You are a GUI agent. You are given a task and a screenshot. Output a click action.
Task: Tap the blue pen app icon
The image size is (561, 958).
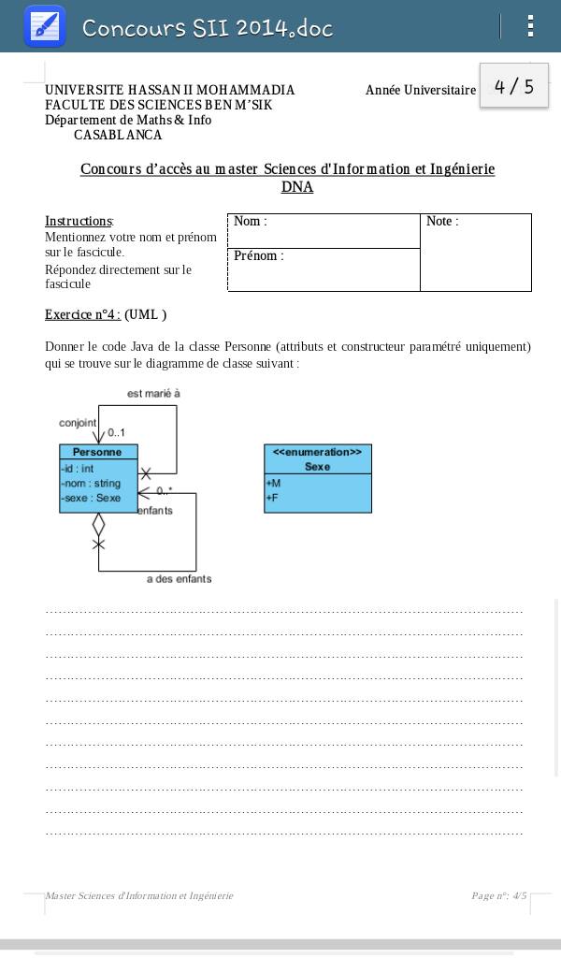(44, 26)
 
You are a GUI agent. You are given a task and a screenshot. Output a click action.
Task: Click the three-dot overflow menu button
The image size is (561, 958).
(530, 26)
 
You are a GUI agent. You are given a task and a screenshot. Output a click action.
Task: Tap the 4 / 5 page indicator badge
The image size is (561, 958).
(513, 86)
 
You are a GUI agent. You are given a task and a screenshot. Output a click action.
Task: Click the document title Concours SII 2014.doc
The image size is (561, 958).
(208, 28)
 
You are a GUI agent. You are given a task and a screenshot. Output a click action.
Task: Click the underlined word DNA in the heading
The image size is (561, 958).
(296, 187)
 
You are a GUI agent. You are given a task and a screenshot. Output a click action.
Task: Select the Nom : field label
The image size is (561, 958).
(250, 222)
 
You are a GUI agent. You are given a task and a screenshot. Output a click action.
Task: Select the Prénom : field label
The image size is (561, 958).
(258, 256)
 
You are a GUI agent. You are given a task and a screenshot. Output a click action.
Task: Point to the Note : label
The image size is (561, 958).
(442, 222)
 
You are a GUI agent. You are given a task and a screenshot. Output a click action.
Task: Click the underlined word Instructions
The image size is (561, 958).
(79, 222)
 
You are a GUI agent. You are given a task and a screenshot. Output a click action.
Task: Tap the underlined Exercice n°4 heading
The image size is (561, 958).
(82, 315)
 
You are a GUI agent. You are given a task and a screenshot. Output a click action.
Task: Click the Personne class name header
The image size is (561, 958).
(98, 452)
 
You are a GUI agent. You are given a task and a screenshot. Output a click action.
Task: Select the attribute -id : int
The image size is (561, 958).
(78, 469)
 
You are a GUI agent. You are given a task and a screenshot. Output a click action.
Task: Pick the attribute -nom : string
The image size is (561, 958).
(91, 484)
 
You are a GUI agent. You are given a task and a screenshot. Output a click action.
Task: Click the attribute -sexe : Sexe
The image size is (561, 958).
(91, 499)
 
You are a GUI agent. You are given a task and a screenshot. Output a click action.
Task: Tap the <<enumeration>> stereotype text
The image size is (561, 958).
(317, 452)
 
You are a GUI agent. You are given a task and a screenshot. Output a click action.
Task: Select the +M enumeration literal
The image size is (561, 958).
(273, 484)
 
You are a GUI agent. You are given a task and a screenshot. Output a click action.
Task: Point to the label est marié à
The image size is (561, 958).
(153, 394)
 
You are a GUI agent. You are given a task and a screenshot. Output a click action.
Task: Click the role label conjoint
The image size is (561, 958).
(78, 423)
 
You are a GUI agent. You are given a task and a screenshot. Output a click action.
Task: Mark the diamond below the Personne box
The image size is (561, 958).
(98, 525)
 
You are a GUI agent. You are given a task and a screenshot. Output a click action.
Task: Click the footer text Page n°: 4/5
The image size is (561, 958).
(498, 896)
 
